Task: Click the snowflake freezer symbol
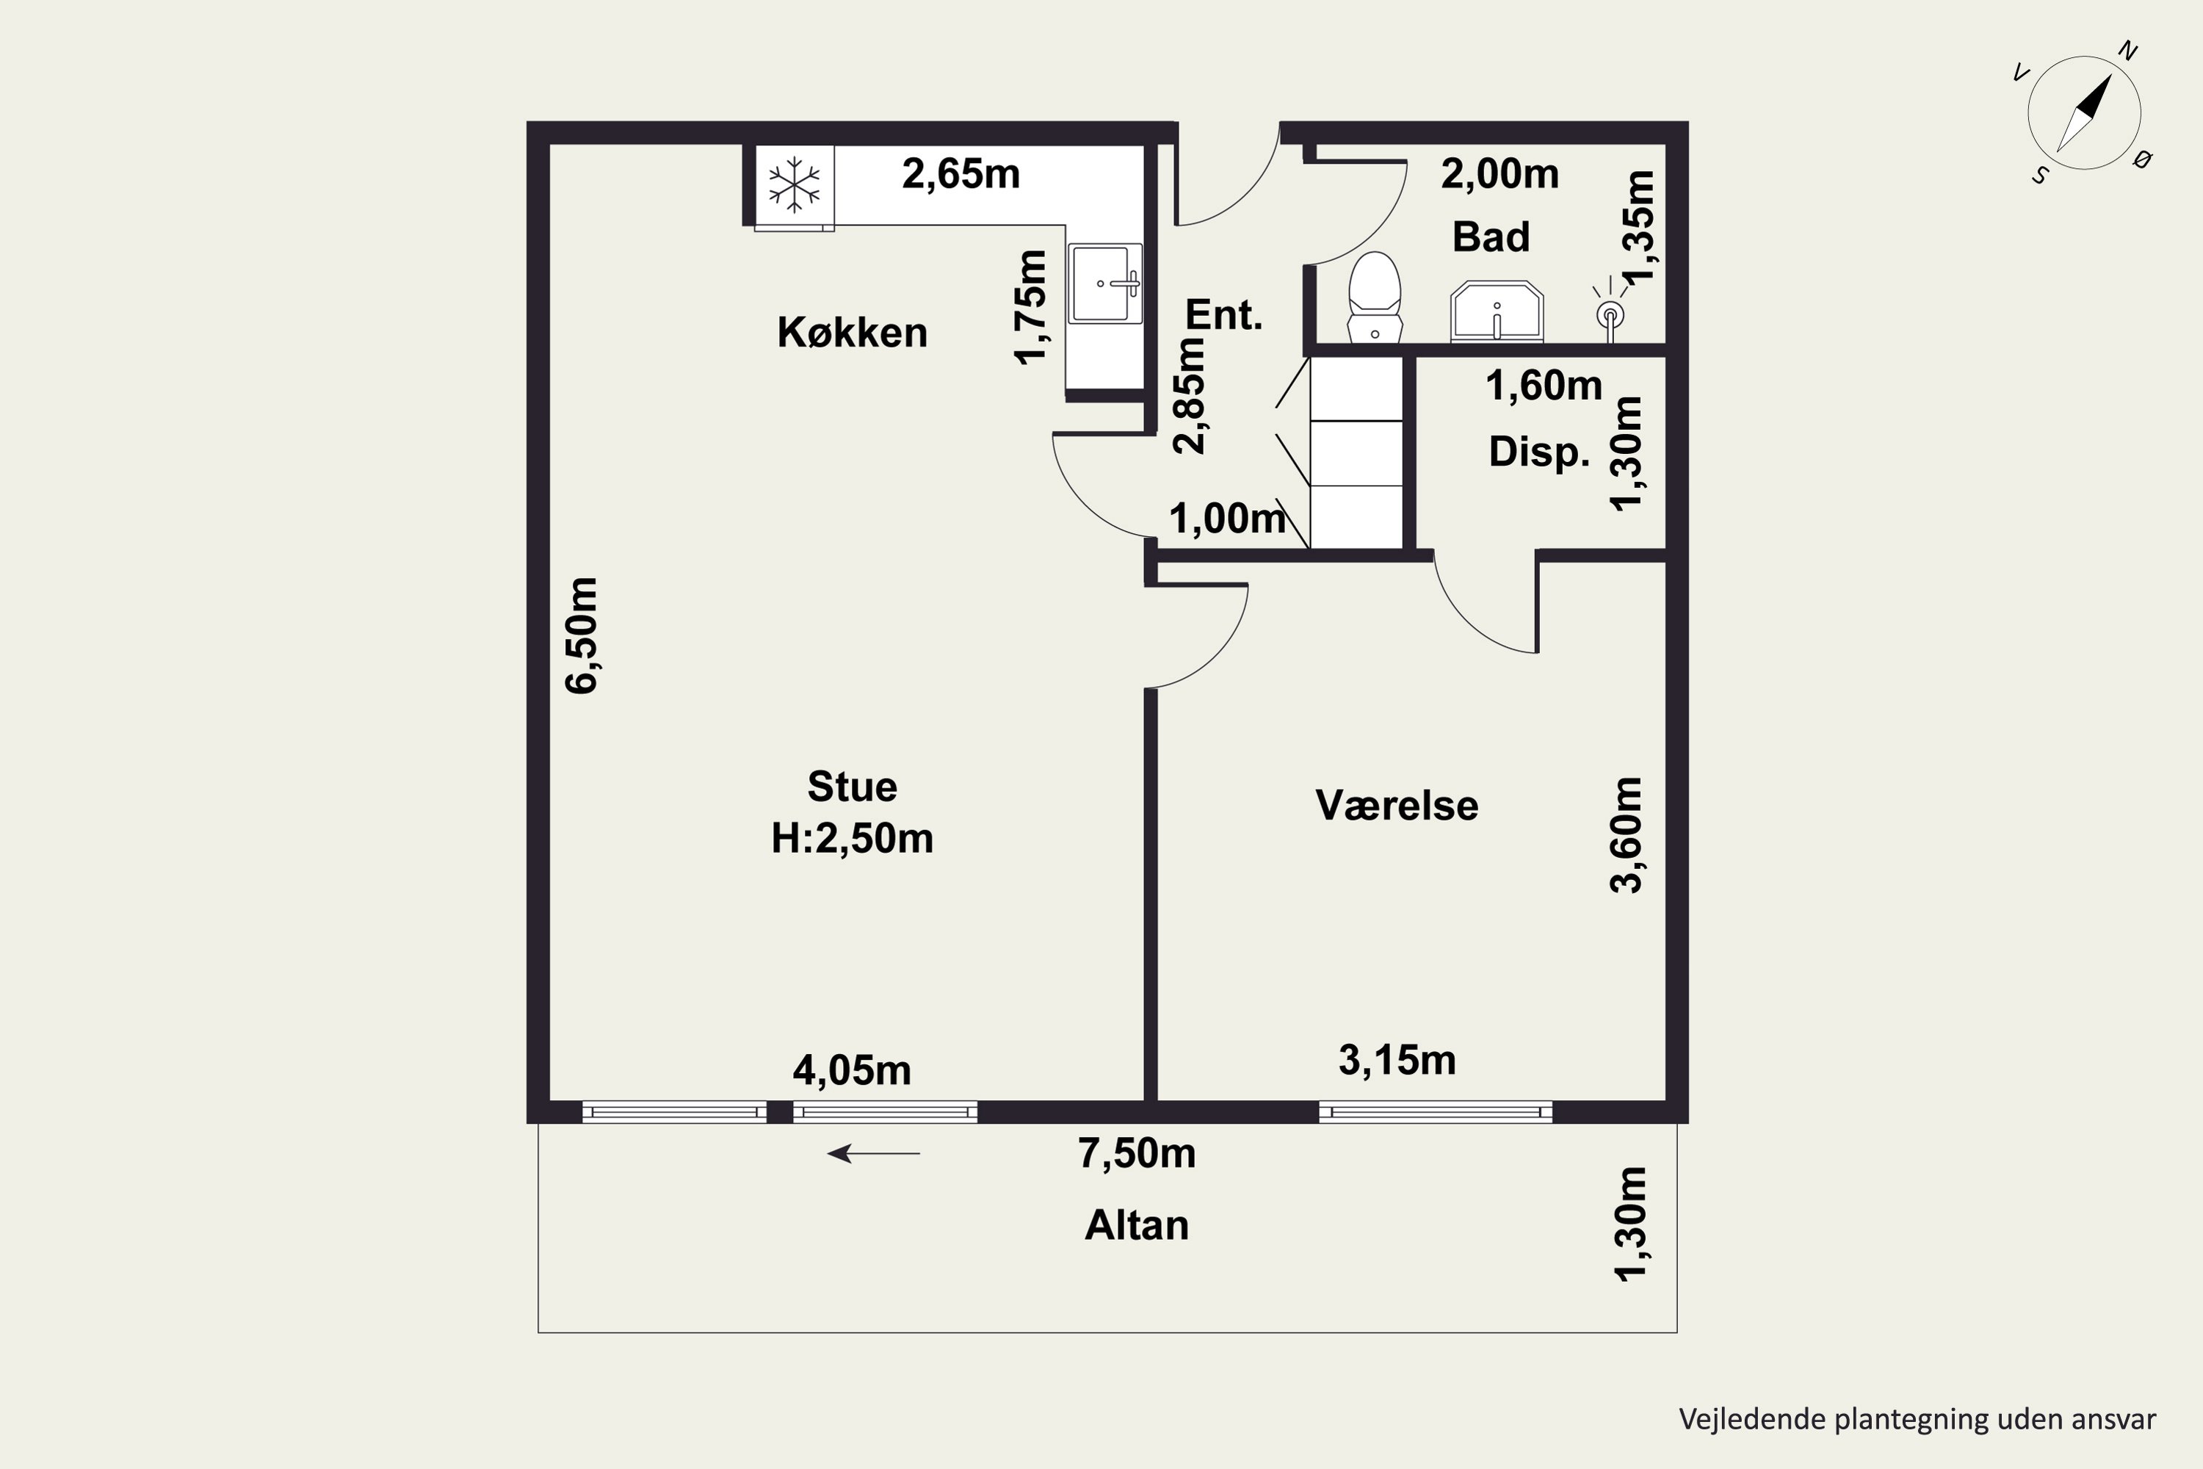pos(795,184)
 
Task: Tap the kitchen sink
pos(1105,283)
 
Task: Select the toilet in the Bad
pos(1374,297)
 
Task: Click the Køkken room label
pos(853,333)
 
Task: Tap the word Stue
pos(853,787)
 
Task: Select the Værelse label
pos(1397,806)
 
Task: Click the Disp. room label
pos(1539,452)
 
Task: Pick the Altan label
pos(1136,1225)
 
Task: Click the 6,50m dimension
pos(581,635)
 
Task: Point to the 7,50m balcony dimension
pos(1136,1153)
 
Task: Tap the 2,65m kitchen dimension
pos(961,174)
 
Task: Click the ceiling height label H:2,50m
pos(853,839)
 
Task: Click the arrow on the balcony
pos(874,1153)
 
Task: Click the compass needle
pos(2084,113)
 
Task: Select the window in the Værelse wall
pos(1436,1112)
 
